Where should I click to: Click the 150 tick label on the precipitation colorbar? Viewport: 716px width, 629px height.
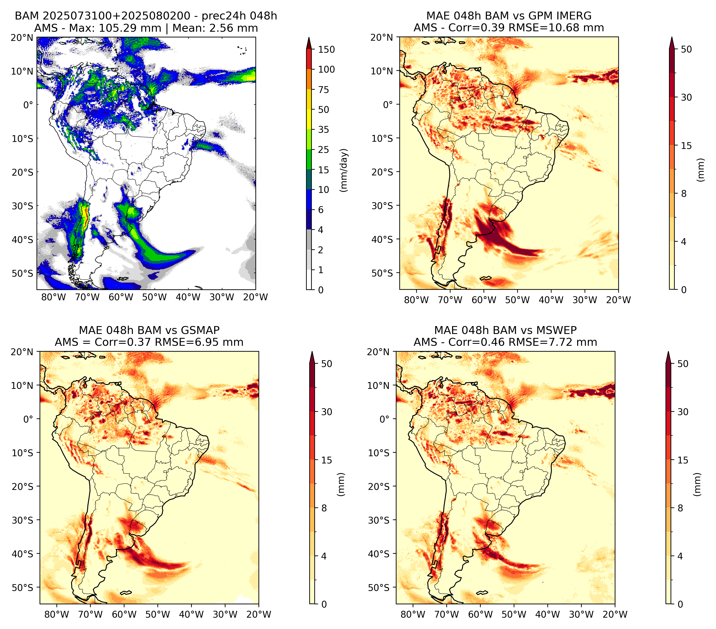pyautogui.click(x=326, y=49)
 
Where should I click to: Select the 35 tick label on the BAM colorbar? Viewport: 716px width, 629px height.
pyautogui.click(x=323, y=129)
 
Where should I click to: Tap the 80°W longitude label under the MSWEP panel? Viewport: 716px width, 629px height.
pyautogui.click(x=413, y=614)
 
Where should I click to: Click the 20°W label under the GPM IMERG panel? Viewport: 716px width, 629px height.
pyautogui.click(x=618, y=300)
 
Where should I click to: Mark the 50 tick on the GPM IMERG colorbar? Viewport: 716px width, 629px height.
pyautogui.click(x=686, y=49)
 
